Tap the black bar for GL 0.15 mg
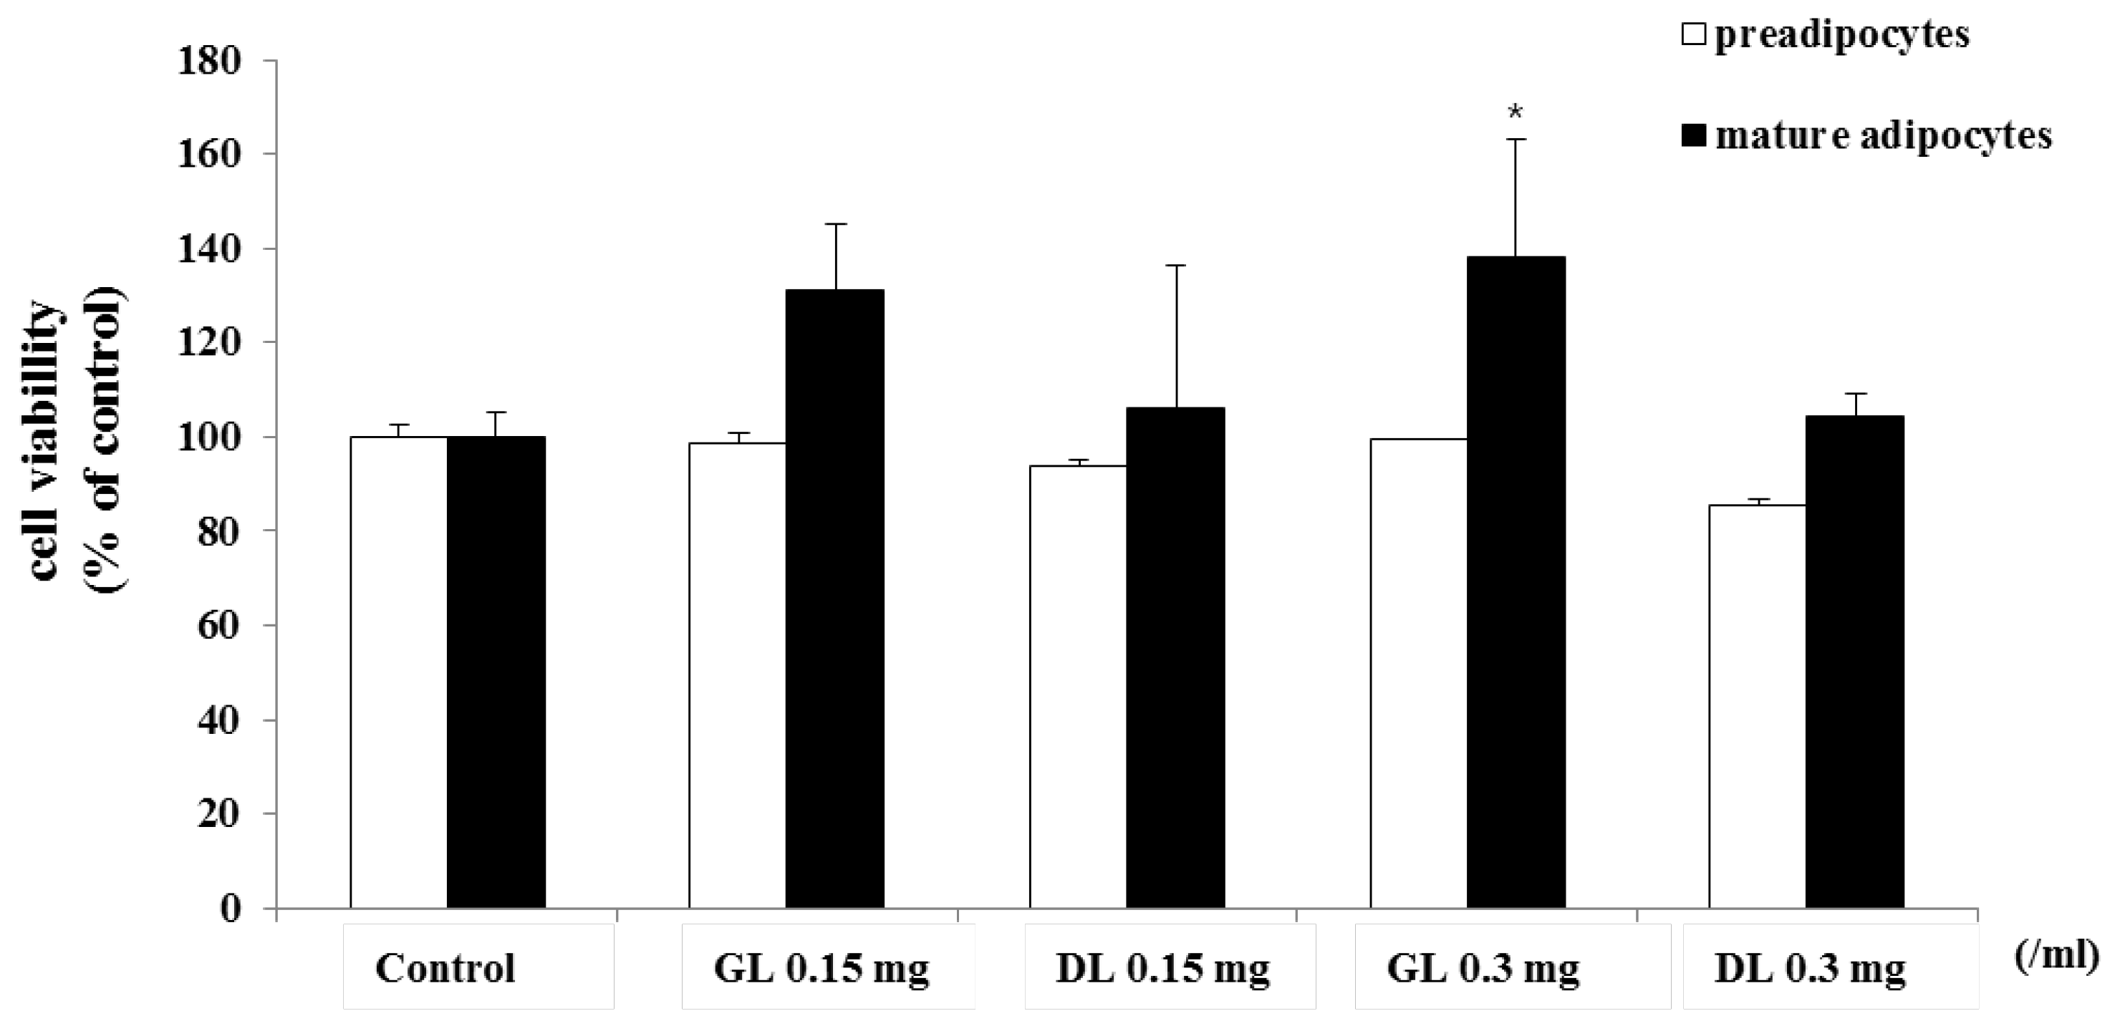tap(834, 599)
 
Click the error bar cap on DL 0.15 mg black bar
tap(1176, 266)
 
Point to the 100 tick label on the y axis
tap(209, 437)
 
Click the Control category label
tap(445, 969)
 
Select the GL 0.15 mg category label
tap(821, 969)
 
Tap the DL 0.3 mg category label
tap(1810, 969)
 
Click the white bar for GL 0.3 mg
tap(1418, 673)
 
